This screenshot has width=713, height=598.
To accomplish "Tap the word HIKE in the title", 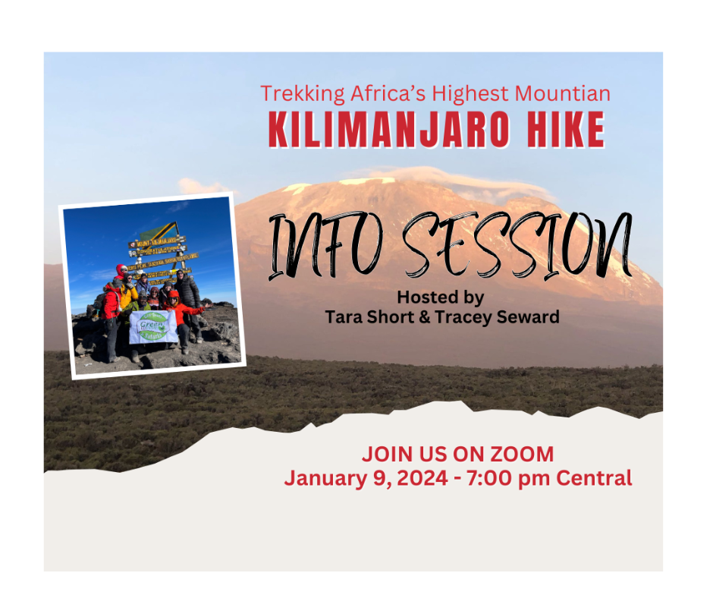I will (x=557, y=130).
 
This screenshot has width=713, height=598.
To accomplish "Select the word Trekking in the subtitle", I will (x=301, y=94).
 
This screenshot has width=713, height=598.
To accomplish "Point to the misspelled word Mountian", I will (x=563, y=94).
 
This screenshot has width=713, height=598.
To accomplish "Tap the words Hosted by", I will (x=440, y=297).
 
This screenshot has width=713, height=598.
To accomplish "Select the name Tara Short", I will (x=366, y=316).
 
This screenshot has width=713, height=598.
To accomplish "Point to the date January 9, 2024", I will (x=365, y=478).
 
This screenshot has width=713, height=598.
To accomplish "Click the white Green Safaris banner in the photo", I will (x=153, y=326).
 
